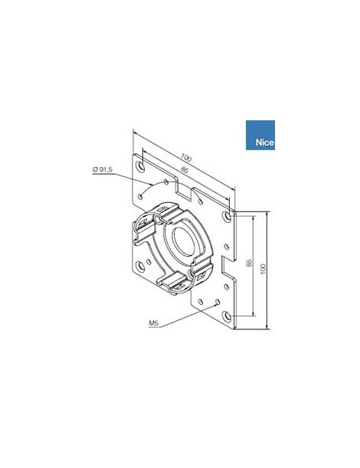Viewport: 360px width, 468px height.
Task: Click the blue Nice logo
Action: tap(260, 134)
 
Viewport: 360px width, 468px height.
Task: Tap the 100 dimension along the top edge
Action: tap(188, 158)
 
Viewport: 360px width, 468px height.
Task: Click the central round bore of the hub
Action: tap(183, 239)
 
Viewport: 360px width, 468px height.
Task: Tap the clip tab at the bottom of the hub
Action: tap(173, 283)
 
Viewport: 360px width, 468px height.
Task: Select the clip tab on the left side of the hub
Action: tap(143, 230)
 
